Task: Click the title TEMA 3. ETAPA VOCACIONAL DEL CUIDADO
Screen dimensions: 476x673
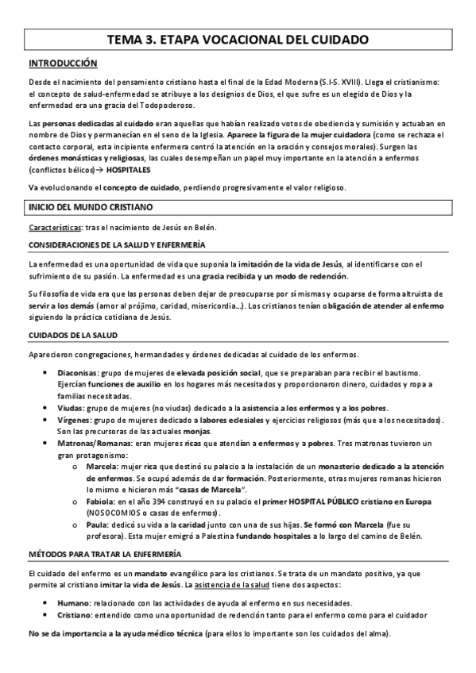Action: click(x=238, y=38)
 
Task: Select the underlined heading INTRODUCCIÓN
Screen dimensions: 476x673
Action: click(x=63, y=63)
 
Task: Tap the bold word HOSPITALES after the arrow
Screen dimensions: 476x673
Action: click(x=106, y=170)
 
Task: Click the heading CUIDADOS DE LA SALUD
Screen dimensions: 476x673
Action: click(x=73, y=336)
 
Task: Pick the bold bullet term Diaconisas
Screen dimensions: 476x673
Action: click(x=77, y=373)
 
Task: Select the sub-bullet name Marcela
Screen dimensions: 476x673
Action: click(x=101, y=468)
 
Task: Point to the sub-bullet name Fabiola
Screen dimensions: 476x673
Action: click(x=100, y=503)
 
